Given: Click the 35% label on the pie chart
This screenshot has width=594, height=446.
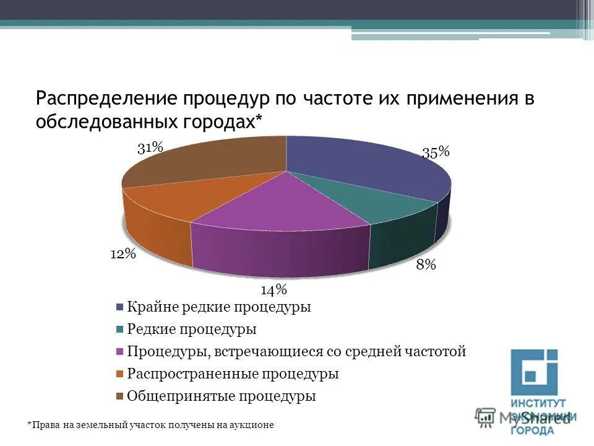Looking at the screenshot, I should pyautogui.click(x=436, y=153).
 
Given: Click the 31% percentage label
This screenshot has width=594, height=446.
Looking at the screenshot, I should pyautogui.click(x=150, y=147).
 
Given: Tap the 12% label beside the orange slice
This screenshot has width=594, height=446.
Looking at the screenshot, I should pyautogui.click(x=123, y=253).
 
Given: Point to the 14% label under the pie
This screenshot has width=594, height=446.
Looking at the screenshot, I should pyautogui.click(x=273, y=289).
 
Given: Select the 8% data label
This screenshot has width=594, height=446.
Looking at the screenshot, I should pyautogui.click(x=426, y=265).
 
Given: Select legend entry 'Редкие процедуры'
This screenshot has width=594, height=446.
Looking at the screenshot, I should pyautogui.click(x=191, y=330).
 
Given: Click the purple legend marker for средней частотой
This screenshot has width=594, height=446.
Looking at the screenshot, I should pyautogui.click(x=119, y=352).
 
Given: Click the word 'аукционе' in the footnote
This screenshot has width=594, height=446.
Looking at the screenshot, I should pyautogui.click(x=254, y=425).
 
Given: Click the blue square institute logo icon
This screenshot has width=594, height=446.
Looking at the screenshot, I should pyautogui.click(x=534, y=372).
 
